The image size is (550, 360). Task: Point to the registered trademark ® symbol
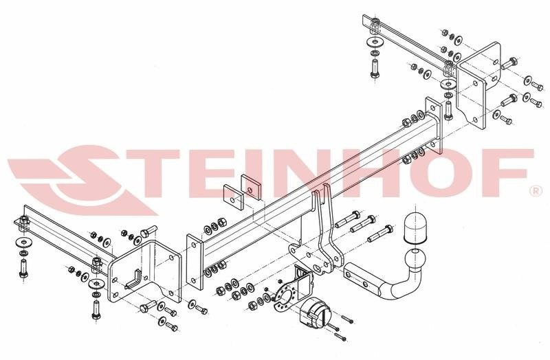point(536,191)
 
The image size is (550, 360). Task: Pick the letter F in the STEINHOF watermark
point(497,172)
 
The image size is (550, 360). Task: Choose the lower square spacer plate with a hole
point(234,197)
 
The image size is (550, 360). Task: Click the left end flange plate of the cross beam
point(195,262)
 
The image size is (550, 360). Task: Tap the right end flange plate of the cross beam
point(434,126)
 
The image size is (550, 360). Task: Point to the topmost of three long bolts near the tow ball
point(348,219)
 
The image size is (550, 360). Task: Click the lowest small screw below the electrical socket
point(341,337)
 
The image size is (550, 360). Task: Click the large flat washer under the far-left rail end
point(23,242)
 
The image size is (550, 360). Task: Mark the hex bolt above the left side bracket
point(149,232)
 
